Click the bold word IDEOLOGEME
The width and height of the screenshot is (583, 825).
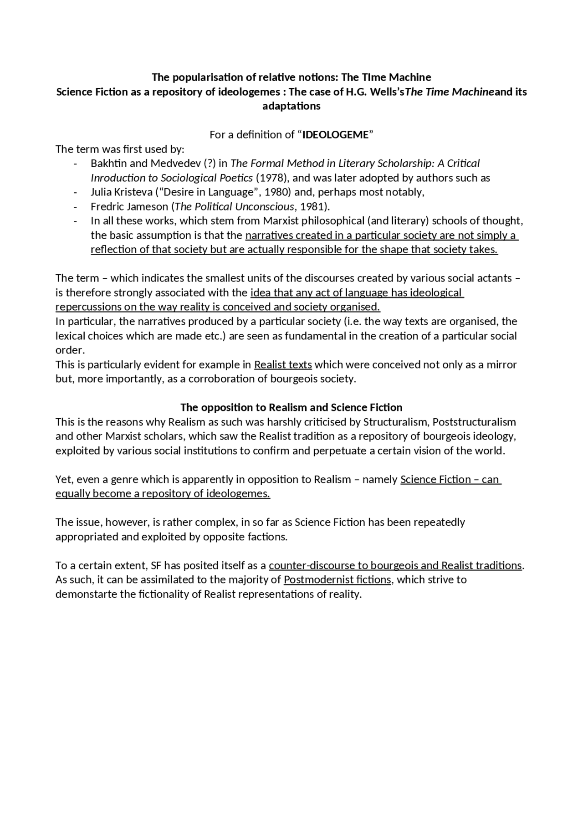pyautogui.click(x=335, y=135)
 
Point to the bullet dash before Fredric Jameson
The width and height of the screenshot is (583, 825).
pyautogui.click(x=75, y=207)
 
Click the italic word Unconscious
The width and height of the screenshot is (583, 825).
pyautogui.click(x=265, y=207)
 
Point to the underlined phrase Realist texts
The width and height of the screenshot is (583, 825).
pyautogui.click(x=283, y=365)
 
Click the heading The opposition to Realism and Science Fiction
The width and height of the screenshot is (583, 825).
pyautogui.click(x=291, y=407)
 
